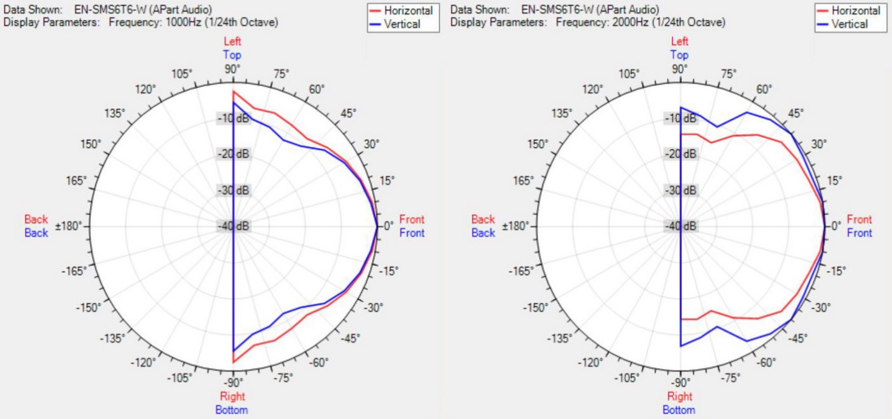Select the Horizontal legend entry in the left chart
pyautogui.click(x=409, y=11)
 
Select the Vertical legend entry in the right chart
pyautogui.click(x=849, y=24)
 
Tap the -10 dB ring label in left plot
pyautogui.click(x=233, y=118)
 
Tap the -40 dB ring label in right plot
pyautogui.click(x=681, y=226)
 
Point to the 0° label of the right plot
pyautogui.click(x=836, y=226)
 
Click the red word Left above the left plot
pyautogui.click(x=232, y=42)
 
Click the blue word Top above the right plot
pyautogui.click(x=679, y=55)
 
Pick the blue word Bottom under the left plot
pyautogui.click(x=232, y=409)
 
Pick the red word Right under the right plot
pyautogui.click(x=679, y=397)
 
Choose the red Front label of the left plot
pyautogui.click(x=412, y=220)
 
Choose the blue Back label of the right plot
pyautogui.click(x=483, y=233)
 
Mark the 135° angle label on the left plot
pyautogui.click(x=114, y=114)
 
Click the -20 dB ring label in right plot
pyautogui.click(x=681, y=154)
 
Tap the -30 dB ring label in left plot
pyautogui.click(x=233, y=190)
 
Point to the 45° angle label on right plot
pyautogui.click(x=796, y=113)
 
